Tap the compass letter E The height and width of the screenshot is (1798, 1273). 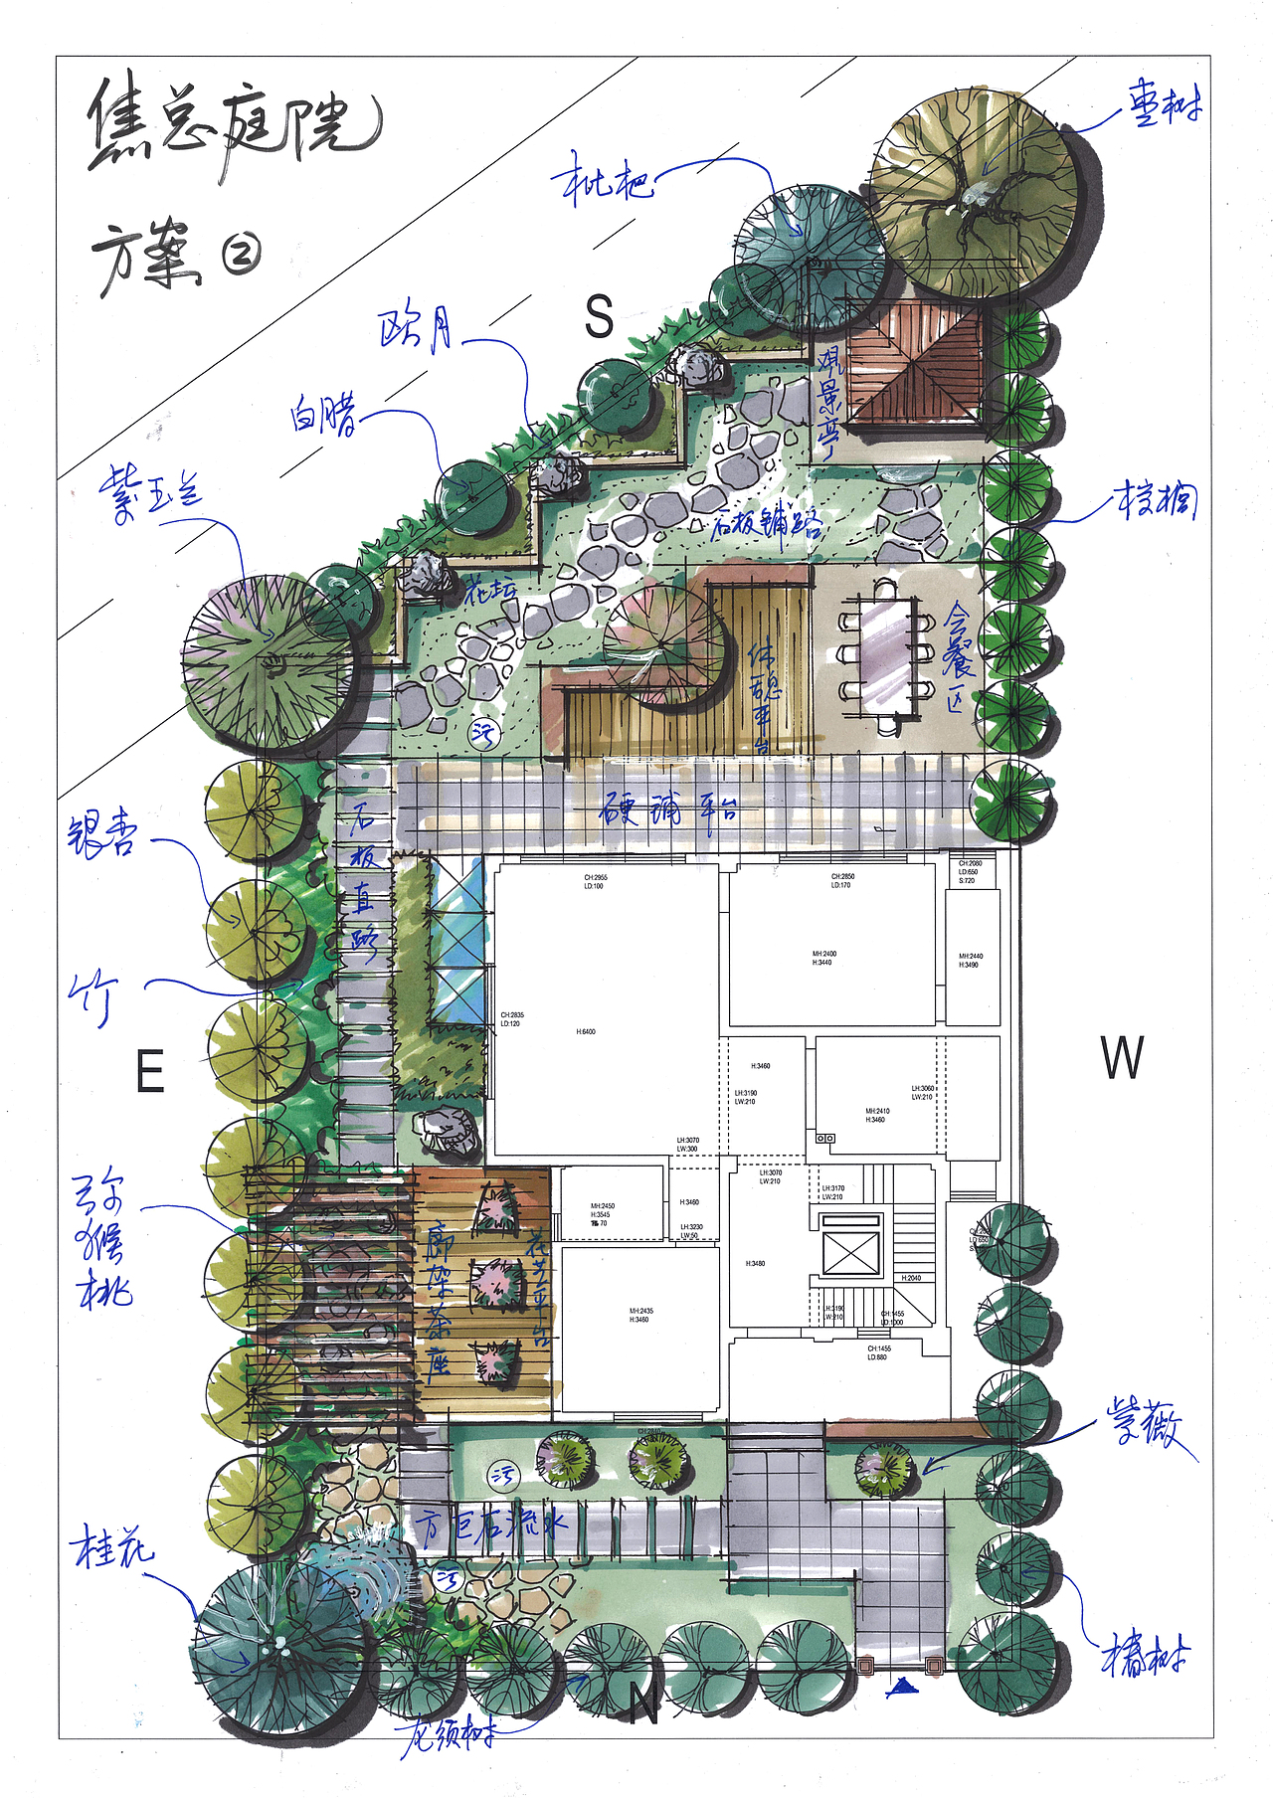(x=149, y=1072)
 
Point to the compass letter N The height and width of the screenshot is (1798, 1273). (x=644, y=1707)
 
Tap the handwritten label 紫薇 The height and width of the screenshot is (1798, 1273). (x=1144, y=1427)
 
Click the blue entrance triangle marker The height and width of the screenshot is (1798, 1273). (x=902, y=1685)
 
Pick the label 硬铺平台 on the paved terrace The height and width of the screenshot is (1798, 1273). (x=668, y=809)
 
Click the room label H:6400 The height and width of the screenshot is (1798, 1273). (x=586, y=1032)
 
